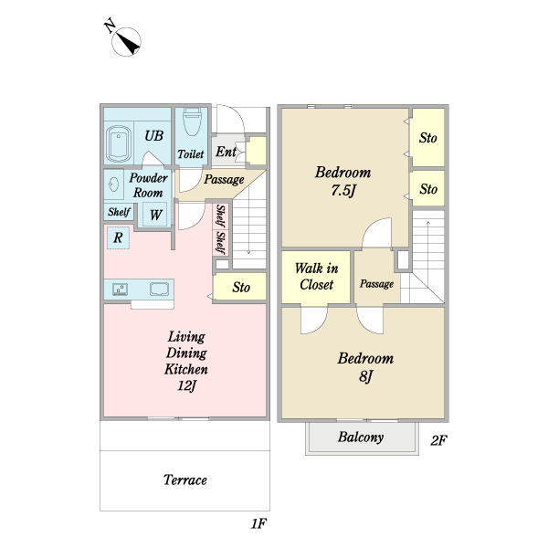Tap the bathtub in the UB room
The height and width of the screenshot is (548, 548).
119,144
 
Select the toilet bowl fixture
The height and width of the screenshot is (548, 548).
192,121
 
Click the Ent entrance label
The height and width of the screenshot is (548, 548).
226,152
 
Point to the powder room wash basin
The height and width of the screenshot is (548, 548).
114,184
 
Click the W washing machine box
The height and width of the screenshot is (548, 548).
155,215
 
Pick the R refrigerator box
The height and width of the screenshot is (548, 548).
118,237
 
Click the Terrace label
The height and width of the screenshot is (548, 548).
185,479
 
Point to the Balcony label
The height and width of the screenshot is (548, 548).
361,437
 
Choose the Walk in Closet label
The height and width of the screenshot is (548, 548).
316,277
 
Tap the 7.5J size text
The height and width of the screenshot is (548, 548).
343,191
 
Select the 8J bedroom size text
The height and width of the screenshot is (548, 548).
365,376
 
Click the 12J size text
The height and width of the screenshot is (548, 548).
187,385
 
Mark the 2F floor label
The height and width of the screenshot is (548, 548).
438,440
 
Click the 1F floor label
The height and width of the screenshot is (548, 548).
259,523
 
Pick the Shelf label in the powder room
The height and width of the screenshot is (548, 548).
119,212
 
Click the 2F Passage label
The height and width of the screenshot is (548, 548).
376,284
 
